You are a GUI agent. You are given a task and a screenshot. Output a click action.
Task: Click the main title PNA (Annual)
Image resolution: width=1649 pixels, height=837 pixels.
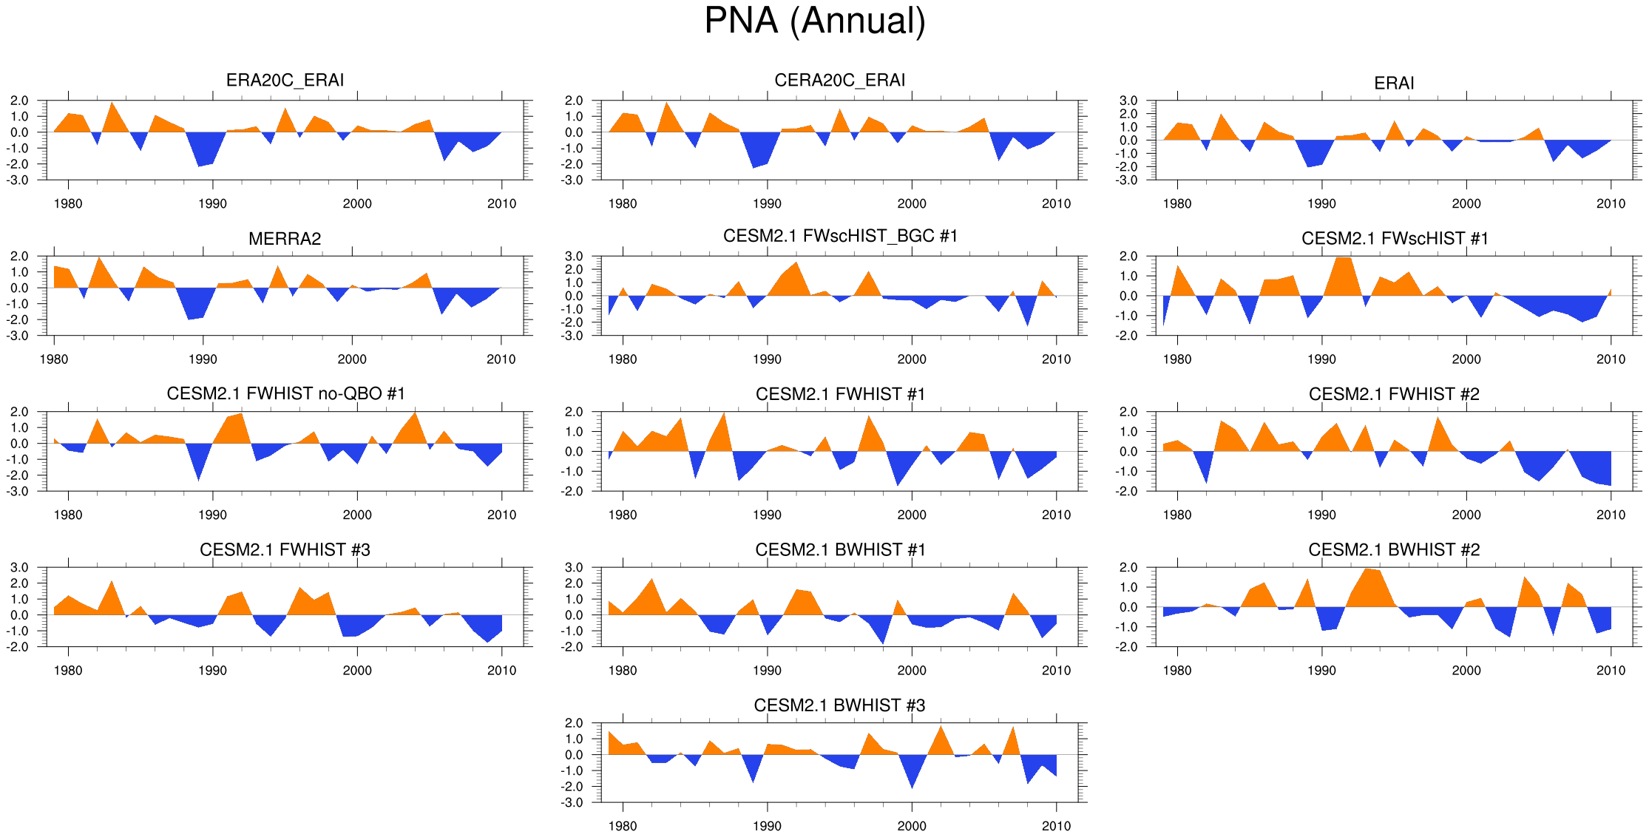[x=815, y=21]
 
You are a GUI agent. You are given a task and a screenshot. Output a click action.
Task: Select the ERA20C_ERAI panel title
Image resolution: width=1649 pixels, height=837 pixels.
[x=285, y=80]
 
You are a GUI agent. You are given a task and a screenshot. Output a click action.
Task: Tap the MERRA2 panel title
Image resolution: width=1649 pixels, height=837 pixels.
[x=285, y=239]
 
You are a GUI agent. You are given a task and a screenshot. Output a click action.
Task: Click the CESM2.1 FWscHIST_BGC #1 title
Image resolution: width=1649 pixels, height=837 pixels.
[x=840, y=236]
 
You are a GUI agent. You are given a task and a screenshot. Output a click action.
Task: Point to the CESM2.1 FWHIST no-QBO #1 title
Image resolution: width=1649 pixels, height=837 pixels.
[x=285, y=393]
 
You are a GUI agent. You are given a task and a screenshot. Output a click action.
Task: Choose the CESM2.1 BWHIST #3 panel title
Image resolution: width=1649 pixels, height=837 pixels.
[x=839, y=705]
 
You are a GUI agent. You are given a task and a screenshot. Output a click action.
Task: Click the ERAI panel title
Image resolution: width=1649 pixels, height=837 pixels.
[x=1394, y=84]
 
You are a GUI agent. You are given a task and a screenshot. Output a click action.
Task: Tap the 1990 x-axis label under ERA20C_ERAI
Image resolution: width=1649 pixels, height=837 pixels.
[x=212, y=204]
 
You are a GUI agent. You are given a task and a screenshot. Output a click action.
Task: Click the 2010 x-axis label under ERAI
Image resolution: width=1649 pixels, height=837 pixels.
[x=1611, y=204]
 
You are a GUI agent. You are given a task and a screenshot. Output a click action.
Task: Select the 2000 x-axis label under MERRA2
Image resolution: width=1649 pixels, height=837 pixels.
[x=352, y=359]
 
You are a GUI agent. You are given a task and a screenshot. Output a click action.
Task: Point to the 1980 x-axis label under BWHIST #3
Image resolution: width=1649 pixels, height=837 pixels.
[x=622, y=827]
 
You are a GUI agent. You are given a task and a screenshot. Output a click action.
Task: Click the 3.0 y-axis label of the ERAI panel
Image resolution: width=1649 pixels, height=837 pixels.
[x=1128, y=101]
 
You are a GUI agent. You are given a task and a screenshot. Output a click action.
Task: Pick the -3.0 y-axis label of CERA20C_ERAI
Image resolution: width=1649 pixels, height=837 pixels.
[x=573, y=180]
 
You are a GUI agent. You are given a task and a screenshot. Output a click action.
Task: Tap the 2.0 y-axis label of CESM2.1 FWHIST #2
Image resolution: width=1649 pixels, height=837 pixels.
[x=1128, y=412]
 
